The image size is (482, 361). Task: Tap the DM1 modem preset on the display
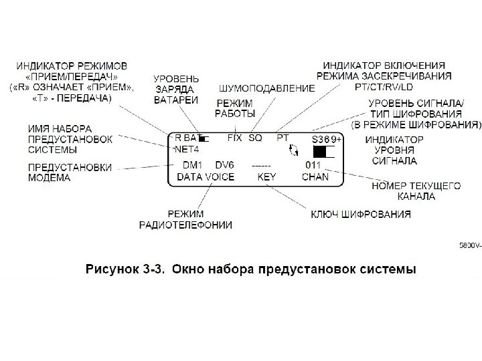[193, 164]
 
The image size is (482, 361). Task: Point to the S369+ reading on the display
[326, 139]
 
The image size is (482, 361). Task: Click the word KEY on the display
[267, 177]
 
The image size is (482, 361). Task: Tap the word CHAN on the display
[315, 177]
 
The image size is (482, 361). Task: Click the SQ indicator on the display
[255, 137]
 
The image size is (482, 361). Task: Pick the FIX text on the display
[234, 137]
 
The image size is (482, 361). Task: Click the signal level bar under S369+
[323, 152]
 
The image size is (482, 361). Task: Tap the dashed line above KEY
[261, 164]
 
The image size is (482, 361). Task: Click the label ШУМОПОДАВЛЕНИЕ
[266, 88]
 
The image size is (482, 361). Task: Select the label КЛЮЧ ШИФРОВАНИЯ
[360, 215]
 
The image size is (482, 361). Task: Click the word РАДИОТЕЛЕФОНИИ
[185, 225]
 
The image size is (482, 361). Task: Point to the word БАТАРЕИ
[176, 100]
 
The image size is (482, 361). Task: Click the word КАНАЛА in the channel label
[415, 197]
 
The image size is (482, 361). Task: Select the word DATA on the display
[191, 177]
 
